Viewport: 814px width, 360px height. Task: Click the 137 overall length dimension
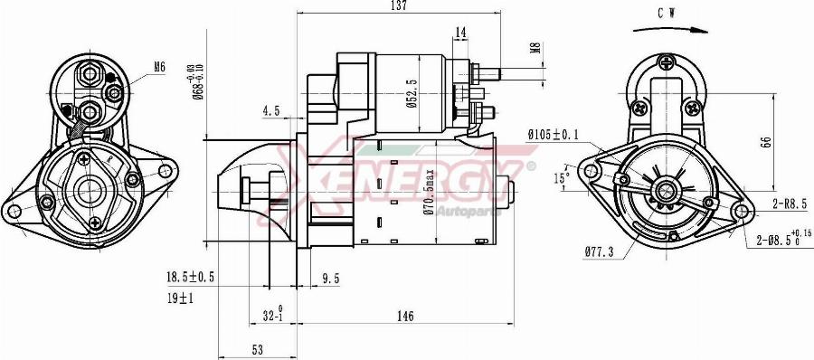point(398,6)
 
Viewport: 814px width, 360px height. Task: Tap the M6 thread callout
point(160,66)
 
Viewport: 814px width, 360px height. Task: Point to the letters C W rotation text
point(668,13)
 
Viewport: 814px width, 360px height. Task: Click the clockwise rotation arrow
point(670,30)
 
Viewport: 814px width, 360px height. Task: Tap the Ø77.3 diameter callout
point(599,251)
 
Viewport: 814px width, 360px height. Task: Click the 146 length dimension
point(404,317)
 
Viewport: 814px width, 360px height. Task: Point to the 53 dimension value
point(257,349)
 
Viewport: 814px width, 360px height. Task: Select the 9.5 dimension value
point(331,279)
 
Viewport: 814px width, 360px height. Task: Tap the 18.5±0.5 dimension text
point(189,278)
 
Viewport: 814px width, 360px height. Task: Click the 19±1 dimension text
point(180,298)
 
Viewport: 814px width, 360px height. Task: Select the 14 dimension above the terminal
point(460,33)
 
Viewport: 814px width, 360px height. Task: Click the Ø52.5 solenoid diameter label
point(412,93)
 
